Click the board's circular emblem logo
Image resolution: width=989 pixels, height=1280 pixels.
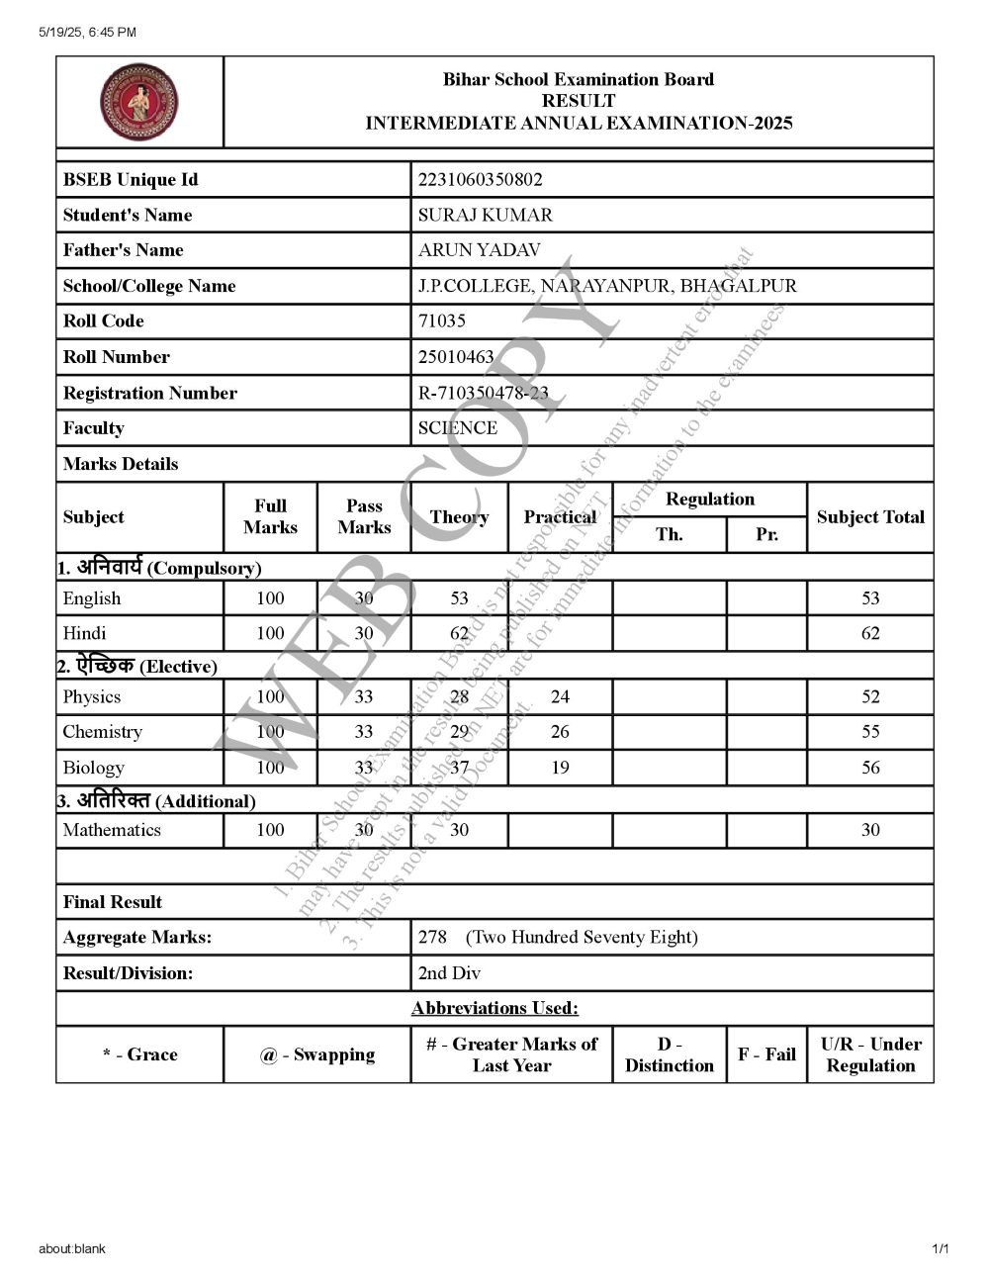pos(139,102)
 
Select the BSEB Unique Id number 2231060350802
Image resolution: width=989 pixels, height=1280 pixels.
pos(480,179)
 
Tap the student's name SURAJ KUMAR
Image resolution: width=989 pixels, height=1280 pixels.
pos(485,215)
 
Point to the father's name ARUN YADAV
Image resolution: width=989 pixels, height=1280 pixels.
pos(479,250)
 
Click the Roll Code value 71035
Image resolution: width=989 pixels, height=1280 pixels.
pos(441,320)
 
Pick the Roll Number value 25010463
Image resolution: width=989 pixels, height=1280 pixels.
pos(456,356)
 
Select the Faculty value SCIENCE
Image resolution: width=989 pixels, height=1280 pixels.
pos(457,427)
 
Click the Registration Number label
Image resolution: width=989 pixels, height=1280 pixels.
pos(149,393)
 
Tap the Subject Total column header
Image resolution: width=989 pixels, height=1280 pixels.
pos(870,516)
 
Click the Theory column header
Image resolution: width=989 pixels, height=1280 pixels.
pos(459,516)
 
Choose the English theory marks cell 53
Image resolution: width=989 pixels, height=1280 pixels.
pos(459,597)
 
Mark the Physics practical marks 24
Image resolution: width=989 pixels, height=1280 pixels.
pos(560,696)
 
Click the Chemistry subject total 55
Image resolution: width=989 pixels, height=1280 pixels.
pos(870,731)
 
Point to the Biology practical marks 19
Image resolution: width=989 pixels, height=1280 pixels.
pos(560,767)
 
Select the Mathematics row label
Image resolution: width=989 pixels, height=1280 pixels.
pos(111,829)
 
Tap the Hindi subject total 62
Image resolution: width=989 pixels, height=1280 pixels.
pos(870,633)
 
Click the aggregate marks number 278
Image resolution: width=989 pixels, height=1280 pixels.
pos(432,937)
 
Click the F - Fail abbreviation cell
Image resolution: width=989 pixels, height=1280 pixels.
pos(766,1054)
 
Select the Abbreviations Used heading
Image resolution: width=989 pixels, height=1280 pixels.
pos(494,1008)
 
